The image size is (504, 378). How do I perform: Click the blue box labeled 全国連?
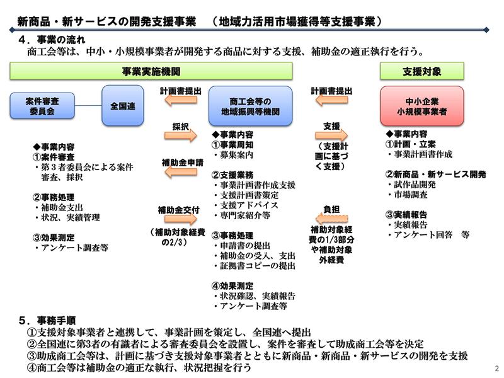tap(123, 105)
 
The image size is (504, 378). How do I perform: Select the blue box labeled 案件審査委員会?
tap(42, 106)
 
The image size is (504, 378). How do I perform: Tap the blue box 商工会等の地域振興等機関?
tap(250, 106)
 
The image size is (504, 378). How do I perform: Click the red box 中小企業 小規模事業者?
tap(421, 106)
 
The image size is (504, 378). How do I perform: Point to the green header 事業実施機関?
tap(151, 71)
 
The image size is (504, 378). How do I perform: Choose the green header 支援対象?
tap(422, 71)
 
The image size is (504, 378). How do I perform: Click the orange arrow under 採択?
tap(180, 135)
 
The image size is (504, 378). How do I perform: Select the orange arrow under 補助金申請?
tap(181, 172)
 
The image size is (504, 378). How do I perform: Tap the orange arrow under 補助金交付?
tap(181, 219)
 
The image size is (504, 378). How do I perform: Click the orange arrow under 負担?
tap(331, 219)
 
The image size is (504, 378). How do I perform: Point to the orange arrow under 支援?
tap(331, 135)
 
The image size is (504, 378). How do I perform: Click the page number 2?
tap(497, 369)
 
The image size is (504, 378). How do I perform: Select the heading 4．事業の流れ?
tap(52, 40)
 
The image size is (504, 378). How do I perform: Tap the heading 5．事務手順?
tap(47, 321)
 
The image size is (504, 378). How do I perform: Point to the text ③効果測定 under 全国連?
tap(54, 238)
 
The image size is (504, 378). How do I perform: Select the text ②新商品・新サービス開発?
tap(435, 175)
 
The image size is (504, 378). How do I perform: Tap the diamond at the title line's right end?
tap(486, 30)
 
